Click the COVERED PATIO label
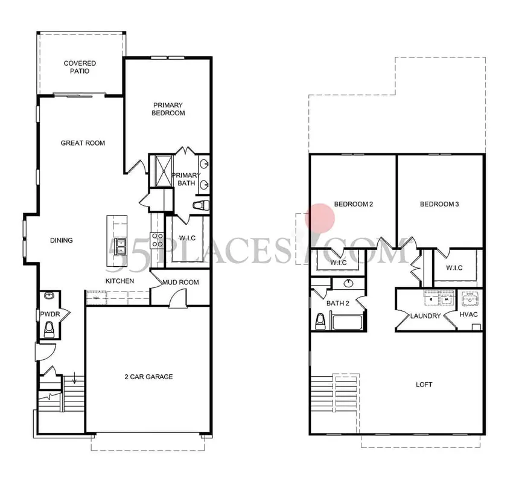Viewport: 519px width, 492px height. coord(80,67)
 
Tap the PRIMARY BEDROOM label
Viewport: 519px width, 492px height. coord(168,109)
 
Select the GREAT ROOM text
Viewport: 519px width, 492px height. coord(83,143)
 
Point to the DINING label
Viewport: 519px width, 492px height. coord(62,240)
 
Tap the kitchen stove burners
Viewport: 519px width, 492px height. coord(158,240)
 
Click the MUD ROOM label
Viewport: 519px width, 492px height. coord(180,281)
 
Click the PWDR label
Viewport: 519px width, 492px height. coord(49,315)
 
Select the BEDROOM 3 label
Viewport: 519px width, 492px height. coord(439,204)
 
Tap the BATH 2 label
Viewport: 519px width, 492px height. coord(338,303)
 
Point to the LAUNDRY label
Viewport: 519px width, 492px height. coord(425,316)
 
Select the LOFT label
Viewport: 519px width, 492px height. coord(424,385)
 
